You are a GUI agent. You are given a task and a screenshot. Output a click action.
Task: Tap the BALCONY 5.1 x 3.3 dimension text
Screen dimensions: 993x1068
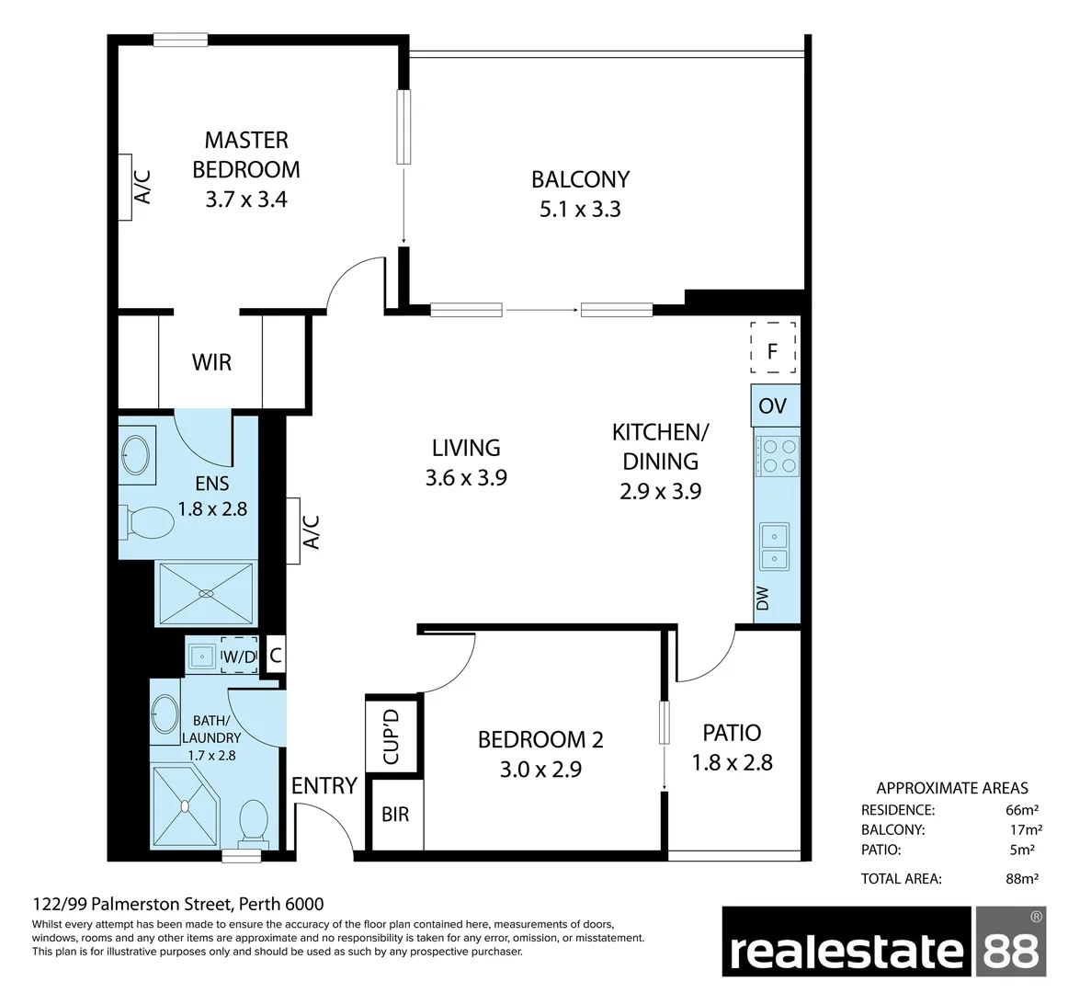pyautogui.click(x=580, y=210)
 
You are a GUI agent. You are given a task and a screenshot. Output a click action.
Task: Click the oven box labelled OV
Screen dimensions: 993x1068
pyautogui.click(x=773, y=405)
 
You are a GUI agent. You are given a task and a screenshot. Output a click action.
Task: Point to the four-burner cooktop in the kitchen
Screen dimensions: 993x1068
pyautogui.click(x=777, y=454)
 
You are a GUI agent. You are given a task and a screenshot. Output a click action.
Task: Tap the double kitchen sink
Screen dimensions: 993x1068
pyautogui.click(x=774, y=546)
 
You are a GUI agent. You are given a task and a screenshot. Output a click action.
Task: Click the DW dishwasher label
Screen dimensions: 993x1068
pyautogui.click(x=763, y=599)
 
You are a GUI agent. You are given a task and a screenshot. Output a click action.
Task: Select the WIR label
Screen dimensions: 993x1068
pyautogui.click(x=211, y=362)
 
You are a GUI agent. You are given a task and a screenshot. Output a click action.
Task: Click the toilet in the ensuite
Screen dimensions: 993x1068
pyautogui.click(x=148, y=522)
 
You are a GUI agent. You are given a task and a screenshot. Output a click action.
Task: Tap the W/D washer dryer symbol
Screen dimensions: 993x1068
pyautogui.click(x=239, y=656)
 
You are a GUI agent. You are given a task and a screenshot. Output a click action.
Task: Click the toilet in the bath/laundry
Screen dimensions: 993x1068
pyautogui.click(x=252, y=822)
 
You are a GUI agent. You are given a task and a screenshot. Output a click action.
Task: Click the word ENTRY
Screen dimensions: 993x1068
pyautogui.click(x=324, y=785)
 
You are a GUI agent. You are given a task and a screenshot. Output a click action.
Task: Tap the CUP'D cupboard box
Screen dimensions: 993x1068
pyautogui.click(x=392, y=736)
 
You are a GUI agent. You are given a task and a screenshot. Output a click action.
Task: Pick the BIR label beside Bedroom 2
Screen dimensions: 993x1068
pyautogui.click(x=395, y=815)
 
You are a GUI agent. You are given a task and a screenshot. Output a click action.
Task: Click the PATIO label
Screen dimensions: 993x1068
pyautogui.click(x=732, y=733)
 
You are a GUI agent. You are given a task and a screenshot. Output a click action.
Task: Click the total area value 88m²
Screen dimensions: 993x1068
pyautogui.click(x=1022, y=878)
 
